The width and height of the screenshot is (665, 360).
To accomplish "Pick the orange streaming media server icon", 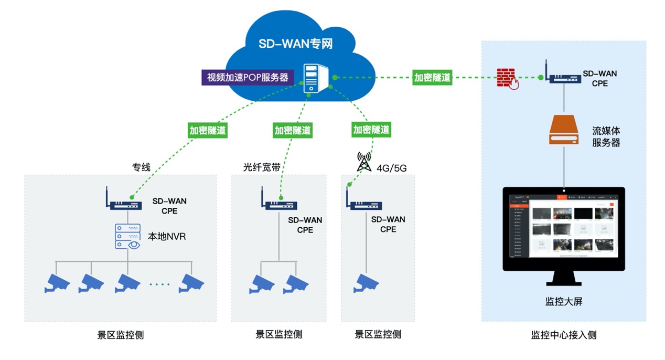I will [563, 131].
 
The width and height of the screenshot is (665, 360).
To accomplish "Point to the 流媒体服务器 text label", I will [606, 136].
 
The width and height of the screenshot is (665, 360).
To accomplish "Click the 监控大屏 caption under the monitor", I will [564, 302].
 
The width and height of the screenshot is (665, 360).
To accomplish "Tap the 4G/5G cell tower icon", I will [364, 162].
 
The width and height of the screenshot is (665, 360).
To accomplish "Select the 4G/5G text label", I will [392, 168].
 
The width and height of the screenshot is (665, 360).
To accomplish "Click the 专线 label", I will [141, 167].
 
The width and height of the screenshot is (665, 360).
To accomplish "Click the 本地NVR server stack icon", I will [127, 236].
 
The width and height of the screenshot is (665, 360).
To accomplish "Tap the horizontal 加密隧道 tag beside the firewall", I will [432, 78].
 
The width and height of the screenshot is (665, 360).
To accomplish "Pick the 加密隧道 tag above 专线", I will [208, 130].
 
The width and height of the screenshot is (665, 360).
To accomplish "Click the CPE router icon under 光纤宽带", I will [278, 201].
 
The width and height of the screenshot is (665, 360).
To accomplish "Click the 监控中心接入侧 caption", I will [564, 334].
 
